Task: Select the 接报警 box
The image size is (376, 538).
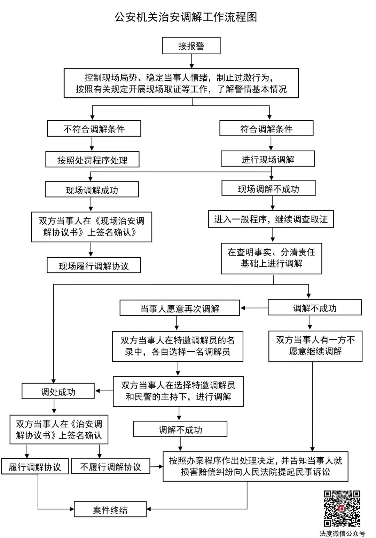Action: [x=191, y=46]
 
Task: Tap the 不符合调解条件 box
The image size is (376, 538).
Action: [x=94, y=129]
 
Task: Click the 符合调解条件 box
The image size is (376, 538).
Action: [x=266, y=129]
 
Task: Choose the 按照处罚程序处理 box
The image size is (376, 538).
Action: [x=92, y=160]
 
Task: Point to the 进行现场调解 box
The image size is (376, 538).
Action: [x=268, y=159]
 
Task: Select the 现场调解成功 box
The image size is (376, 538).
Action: [x=92, y=190]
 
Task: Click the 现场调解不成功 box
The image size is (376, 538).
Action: [x=268, y=188]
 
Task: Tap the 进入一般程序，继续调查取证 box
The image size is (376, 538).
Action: [x=271, y=219]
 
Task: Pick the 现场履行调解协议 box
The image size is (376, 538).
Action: [x=94, y=265]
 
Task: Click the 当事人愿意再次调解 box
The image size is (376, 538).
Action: [x=180, y=308]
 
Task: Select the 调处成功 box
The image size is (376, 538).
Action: [x=58, y=391]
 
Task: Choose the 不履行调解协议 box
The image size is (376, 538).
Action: [x=111, y=466]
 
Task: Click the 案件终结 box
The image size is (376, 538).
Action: [x=110, y=509]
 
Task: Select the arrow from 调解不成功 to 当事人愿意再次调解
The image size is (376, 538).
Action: [x=254, y=308]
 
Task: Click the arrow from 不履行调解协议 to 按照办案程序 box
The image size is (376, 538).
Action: [x=156, y=466]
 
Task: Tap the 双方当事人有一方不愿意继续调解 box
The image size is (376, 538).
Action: [x=315, y=346]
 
